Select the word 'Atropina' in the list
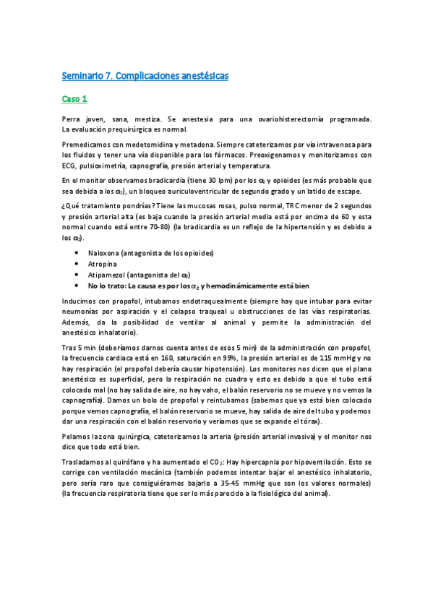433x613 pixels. tap(103, 265)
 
